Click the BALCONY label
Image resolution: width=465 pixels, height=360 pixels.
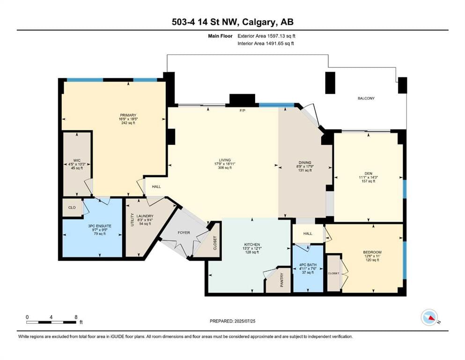[366, 98]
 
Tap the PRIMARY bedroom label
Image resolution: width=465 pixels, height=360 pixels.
[128, 115]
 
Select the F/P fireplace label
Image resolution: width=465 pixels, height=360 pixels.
[243, 111]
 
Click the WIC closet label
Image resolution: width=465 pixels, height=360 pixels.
[77, 161]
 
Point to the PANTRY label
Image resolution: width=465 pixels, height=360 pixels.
[282, 280]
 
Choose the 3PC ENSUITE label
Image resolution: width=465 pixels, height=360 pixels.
[100, 226]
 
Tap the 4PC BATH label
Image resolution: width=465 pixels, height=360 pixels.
[308, 265]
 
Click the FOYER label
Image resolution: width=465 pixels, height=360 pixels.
[184, 232]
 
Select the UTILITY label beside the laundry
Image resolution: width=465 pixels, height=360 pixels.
[133, 220]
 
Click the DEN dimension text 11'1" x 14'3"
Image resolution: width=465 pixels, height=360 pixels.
[369, 178]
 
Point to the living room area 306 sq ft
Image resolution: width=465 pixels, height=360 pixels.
[225, 168]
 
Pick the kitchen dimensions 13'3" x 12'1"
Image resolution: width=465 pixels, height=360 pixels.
[252, 248]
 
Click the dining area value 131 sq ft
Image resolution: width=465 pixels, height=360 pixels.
[305, 170]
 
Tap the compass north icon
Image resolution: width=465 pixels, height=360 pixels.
[429, 317]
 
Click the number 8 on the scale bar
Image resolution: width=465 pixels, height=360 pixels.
[76, 317]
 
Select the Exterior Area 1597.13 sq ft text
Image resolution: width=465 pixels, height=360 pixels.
[266, 36]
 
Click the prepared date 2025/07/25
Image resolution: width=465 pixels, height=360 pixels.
[244, 321]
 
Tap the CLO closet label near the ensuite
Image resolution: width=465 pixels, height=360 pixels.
[72, 208]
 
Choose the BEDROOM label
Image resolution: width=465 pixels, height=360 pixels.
[372, 252]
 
